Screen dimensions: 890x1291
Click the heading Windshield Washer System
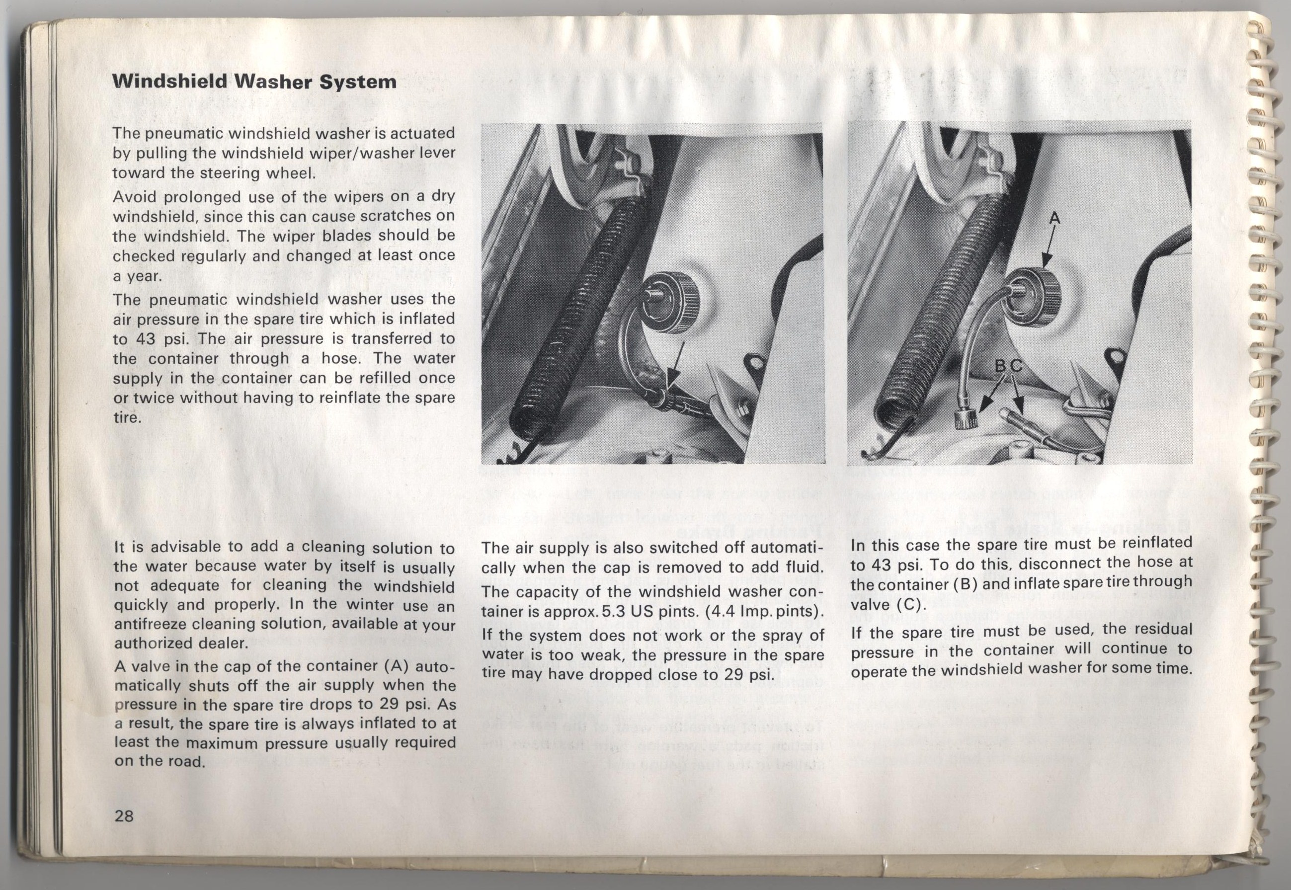tap(254, 82)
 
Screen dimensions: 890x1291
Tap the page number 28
tap(124, 816)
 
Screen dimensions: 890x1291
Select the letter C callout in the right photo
tap(1017, 366)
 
